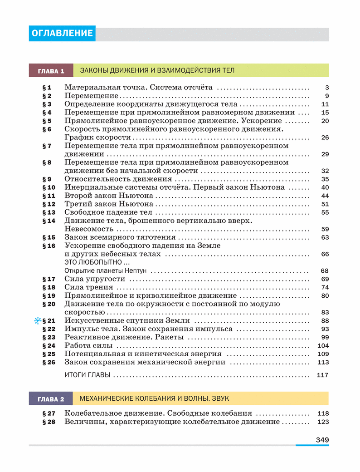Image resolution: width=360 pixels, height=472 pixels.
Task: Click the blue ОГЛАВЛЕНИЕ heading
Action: tap(62, 34)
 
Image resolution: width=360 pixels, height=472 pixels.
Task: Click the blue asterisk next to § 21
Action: tap(38, 321)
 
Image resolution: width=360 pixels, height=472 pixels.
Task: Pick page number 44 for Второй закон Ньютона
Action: tap(324, 196)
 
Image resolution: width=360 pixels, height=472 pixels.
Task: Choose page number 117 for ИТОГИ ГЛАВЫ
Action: tap(322, 375)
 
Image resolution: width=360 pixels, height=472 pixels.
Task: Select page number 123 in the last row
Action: tap(322, 422)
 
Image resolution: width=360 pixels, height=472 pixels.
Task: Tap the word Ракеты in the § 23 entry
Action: tap(169, 337)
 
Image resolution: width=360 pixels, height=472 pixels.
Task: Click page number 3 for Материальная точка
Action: tap(326, 88)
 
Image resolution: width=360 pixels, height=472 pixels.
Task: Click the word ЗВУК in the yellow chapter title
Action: tap(219, 398)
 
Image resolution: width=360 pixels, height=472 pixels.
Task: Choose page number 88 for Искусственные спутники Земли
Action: tap(324, 321)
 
